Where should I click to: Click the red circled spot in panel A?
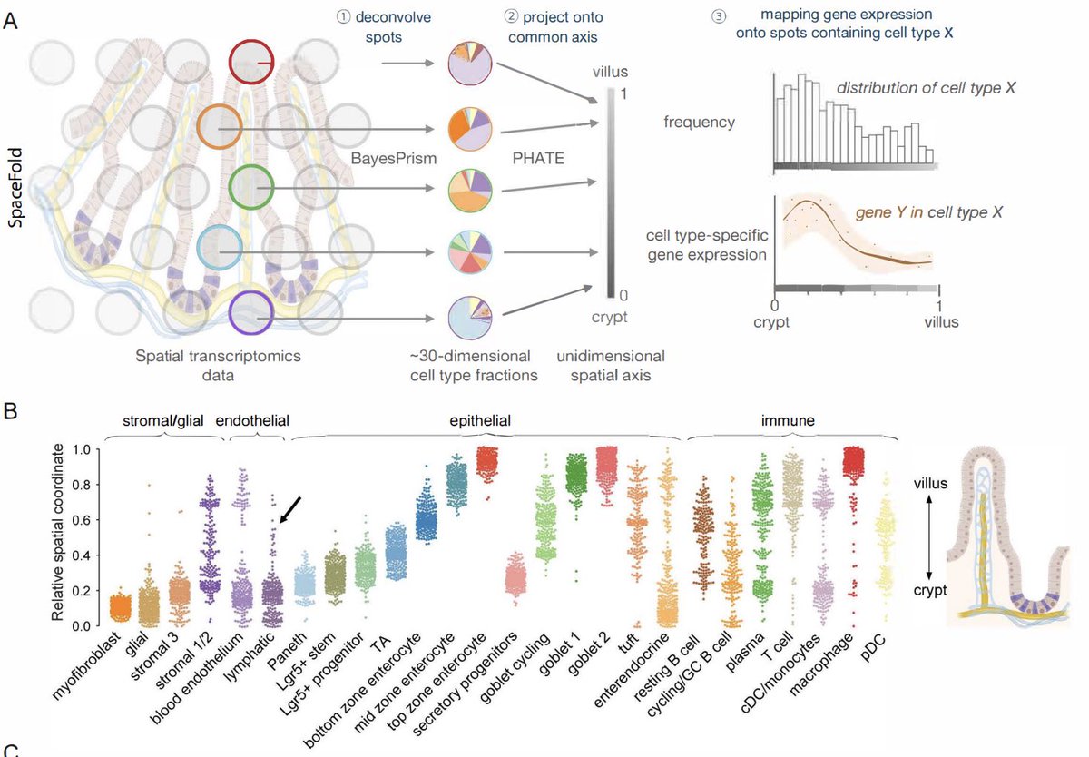(x=252, y=63)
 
